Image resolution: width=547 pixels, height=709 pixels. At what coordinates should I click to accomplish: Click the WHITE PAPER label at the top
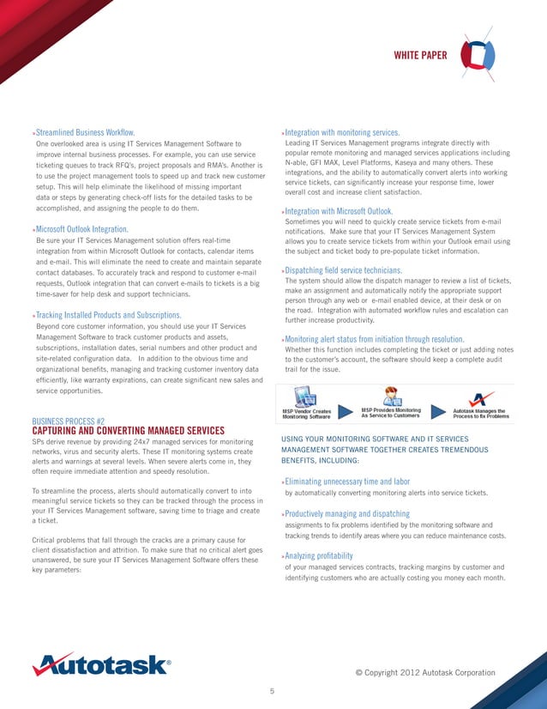pyautogui.click(x=419, y=56)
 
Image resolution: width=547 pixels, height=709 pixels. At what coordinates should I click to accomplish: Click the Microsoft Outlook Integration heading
pyautogui.click(x=81, y=229)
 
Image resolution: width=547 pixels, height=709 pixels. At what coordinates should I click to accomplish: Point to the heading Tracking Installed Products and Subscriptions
pyautogui.click(x=107, y=315)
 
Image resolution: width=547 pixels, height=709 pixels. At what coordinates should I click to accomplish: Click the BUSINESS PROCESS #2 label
pyautogui.click(x=68, y=421)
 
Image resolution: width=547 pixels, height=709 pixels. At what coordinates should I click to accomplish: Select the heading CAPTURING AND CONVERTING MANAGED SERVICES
pyautogui.click(x=128, y=431)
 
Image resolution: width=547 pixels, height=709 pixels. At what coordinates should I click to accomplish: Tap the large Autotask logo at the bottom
pyautogui.click(x=100, y=664)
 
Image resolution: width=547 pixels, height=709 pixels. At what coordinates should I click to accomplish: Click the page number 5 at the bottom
pyautogui.click(x=272, y=691)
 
